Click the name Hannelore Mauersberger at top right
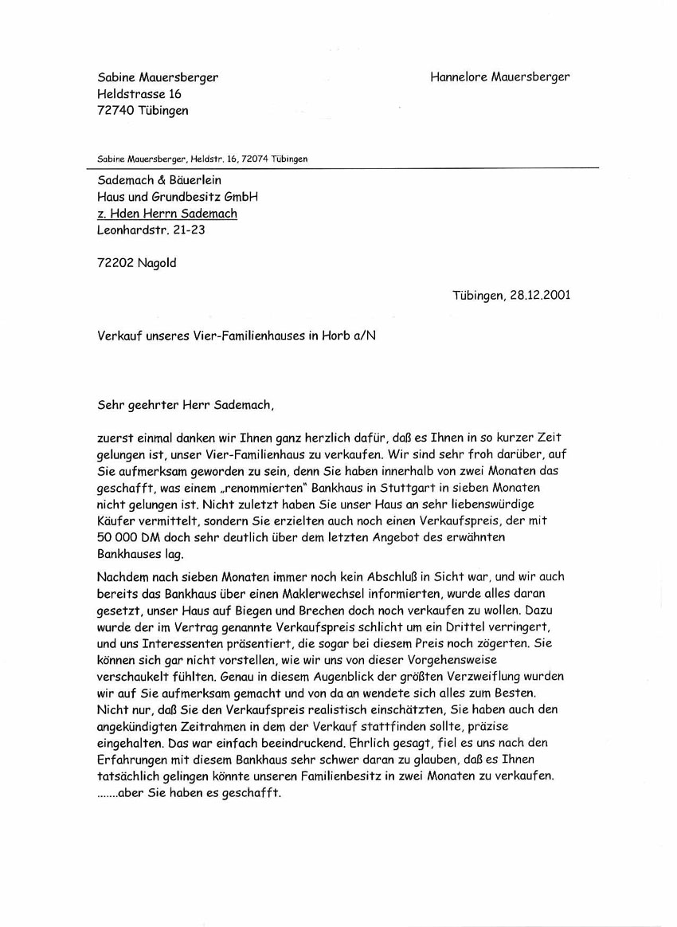(499, 77)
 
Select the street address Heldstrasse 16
(139, 94)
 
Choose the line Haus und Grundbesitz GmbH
(178, 197)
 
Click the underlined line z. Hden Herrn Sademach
(166, 214)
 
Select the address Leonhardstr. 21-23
(155, 230)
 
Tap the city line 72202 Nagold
(136, 263)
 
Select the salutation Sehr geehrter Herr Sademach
(185, 404)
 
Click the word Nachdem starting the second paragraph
(123, 577)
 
